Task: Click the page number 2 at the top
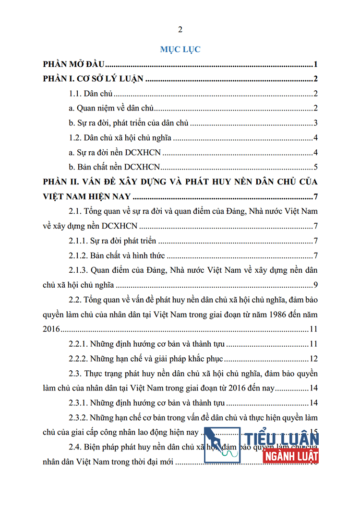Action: click(x=180, y=30)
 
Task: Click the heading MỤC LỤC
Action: click(x=180, y=49)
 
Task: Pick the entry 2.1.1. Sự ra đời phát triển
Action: click(x=114, y=241)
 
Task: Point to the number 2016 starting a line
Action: click(x=50, y=329)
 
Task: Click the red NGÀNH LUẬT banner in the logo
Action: click(x=291, y=455)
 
